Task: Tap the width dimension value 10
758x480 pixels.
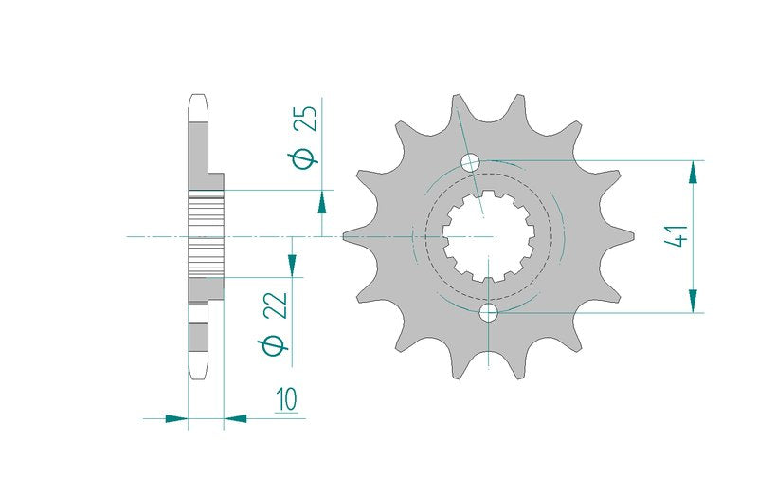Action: (x=287, y=399)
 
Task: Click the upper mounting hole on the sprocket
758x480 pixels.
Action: (x=470, y=162)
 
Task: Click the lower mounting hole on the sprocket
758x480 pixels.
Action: (x=488, y=313)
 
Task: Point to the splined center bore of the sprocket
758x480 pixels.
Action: (x=489, y=236)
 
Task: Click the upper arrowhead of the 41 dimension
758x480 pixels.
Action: (x=694, y=172)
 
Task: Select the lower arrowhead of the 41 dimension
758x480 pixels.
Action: (x=694, y=301)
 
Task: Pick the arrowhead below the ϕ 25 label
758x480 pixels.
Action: (x=321, y=201)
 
